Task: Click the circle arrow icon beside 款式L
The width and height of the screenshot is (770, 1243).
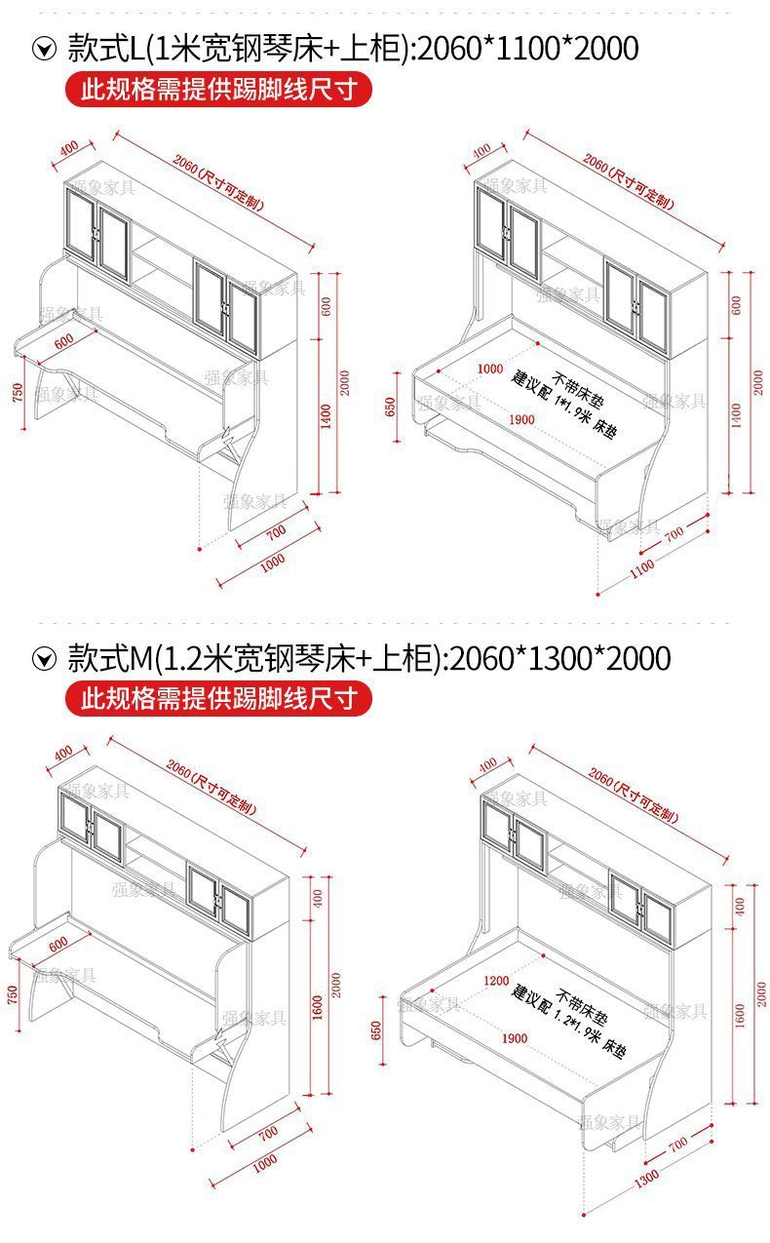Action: (44, 49)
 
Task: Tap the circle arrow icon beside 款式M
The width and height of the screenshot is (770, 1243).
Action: (44, 659)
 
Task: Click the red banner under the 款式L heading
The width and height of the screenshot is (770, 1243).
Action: (218, 91)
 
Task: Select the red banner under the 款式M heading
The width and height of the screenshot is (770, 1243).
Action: (218, 699)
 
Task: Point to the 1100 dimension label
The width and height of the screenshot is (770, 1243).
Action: (643, 569)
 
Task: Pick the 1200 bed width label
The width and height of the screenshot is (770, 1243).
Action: (497, 980)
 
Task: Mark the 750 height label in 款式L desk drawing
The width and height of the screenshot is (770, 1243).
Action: (17, 392)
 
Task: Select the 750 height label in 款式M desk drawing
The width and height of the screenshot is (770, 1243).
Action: (14, 995)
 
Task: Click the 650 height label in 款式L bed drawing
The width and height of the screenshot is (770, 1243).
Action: (392, 407)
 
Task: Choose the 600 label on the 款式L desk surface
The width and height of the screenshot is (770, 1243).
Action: (64, 341)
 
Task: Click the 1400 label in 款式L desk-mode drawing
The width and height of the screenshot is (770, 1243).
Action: (327, 415)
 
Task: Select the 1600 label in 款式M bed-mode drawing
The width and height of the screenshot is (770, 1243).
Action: (741, 1015)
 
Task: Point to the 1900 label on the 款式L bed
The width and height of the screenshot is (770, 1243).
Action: (520, 419)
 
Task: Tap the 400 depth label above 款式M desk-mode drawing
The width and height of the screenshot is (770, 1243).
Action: (64, 753)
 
